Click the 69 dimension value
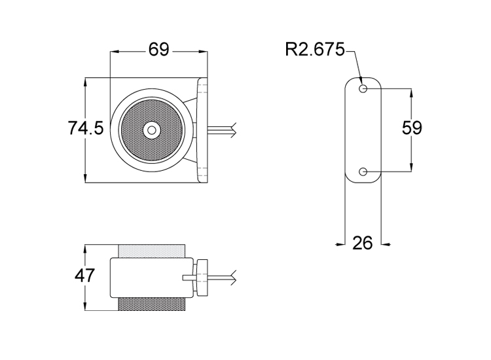[x=159, y=50]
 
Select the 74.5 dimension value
[x=86, y=128]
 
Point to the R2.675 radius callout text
[x=314, y=50]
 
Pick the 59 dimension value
[x=412, y=128]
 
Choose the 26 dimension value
[x=362, y=243]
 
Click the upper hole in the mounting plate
[x=363, y=88]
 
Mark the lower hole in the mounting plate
[x=363, y=172]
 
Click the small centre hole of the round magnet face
[x=152, y=130]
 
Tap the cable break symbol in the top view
[x=235, y=129]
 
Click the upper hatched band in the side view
[x=151, y=252]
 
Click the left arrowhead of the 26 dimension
[x=340, y=243]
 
